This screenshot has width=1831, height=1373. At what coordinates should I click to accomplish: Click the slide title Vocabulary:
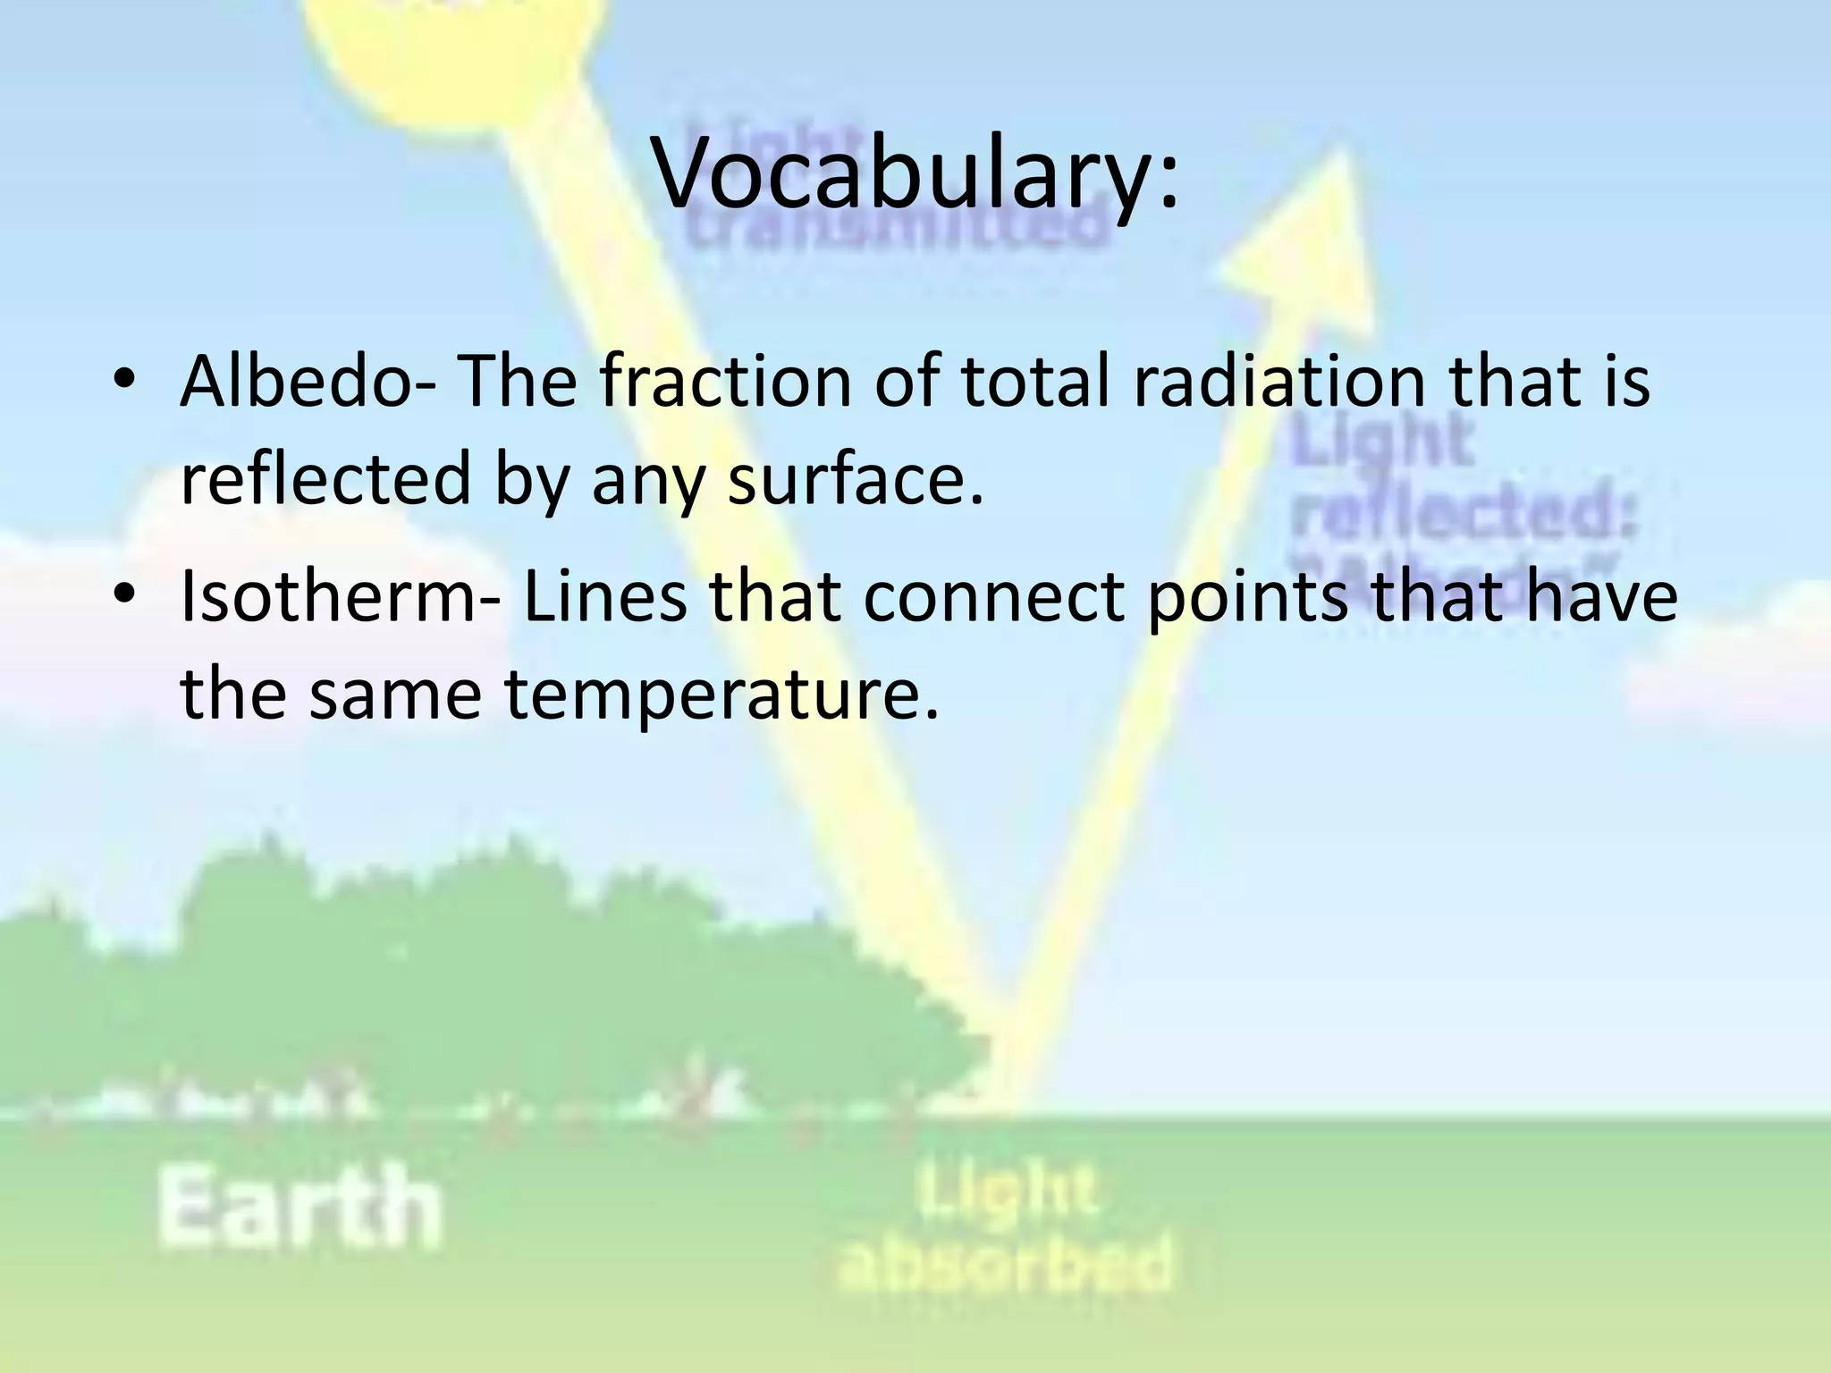[x=917, y=174]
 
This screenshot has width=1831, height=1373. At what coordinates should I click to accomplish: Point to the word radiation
[x=1279, y=382]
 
